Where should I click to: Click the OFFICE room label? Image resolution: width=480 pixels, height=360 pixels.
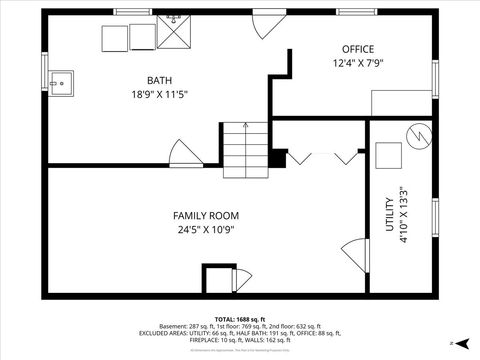pyautogui.click(x=358, y=49)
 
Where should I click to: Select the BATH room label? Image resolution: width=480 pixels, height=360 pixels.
pyautogui.click(x=159, y=80)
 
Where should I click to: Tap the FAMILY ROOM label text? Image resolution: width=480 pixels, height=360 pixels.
pyautogui.click(x=206, y=215)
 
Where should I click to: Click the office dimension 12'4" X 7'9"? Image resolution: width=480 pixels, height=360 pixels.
pyautogui.click(x=358, y=63)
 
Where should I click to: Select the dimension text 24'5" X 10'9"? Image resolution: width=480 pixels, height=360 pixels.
pyautogui.click(x=206, y=230)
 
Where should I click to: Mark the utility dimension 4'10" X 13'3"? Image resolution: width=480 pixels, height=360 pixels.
pyautogui.click(x=404, y=211)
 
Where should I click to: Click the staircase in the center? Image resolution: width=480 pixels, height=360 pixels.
pyautogui.click(x=245, y=146)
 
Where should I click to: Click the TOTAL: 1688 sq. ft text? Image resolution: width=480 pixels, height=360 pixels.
pyautogui.click(x=240, y=318)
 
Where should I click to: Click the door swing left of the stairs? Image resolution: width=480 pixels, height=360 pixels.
pyautogui.click(x=185, y=155)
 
